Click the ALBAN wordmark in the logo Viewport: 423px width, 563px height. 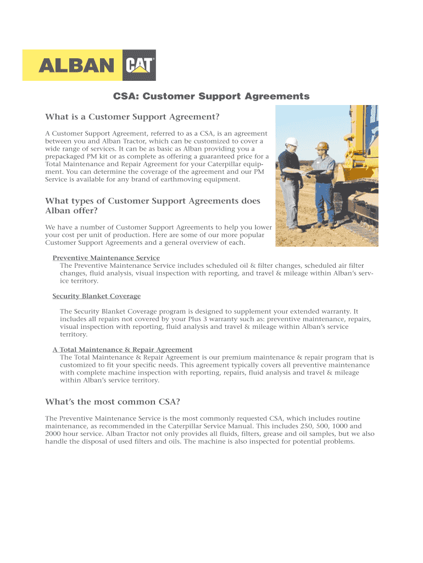pyautogui.click(x=76, y=67)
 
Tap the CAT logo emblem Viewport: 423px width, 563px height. pyautogui.click(x=141, y=67)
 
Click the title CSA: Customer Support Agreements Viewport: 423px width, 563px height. pyautogui.click(x=211, y=97)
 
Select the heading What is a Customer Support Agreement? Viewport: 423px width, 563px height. pyautogui.click(x=132, y=117)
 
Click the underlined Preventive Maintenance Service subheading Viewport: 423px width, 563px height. pyautogui.click(x=106, y=258)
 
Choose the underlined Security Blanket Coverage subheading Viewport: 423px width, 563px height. pyautogui.click(x=97, y=296)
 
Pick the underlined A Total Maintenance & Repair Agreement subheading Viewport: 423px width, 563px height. pyautogui.click(x=123, y=350)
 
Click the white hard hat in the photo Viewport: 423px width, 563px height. pyautogui.click(x=293, y=141)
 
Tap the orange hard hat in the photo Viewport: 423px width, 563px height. pyautogui.click(x=324, y=146)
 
